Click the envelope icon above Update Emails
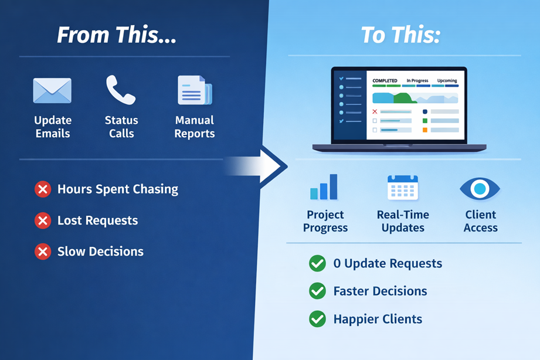pyautogui.click(x=52, y=91)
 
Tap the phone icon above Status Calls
pyautogui.click(x=121, y=90)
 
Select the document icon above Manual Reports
pyautogui.click(x=195, y=91)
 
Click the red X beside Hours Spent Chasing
pyautogui.click(x=42, y=189)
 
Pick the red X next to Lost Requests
pyautogui.click(x=42, y=220)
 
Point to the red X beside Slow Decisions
pyautogui.click(x=42, y=252)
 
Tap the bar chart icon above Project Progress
pyautogui.click(x=324, y=187)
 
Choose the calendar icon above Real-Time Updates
pyautogui.click(x=402, y=188)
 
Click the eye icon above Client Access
pyautogui.click(x=480, y=188)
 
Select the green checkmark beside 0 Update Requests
pyautogui.click(x=317, y=264)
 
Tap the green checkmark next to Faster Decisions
pyautogui.click(x=317, y=291)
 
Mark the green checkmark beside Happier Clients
pyautogui.click(x=317, y=320)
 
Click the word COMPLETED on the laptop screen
pyautogui.click(x=385, y=81)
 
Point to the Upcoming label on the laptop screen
pyautogui.click(x=447, y=81)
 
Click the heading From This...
pyautogui.click(x=116, y=35)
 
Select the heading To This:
pyautogui.click(x=400, y=35)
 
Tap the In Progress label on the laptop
pyautogui.click(x=417, y=81)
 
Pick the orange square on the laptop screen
pyautogui.click(x=425, y=130)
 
